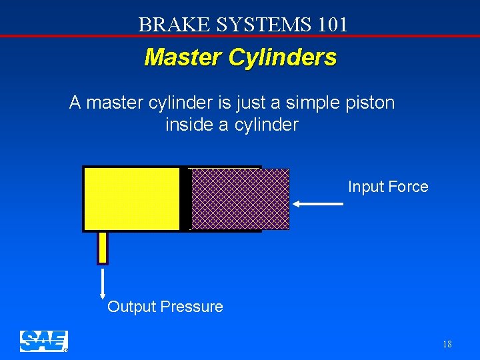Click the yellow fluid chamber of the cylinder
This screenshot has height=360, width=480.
coord(132,199)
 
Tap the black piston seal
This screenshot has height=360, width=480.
coord(185,199)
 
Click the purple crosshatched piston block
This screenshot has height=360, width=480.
coord(240,199)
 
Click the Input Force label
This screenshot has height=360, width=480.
coord(388,187)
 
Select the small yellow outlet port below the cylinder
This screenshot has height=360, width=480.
coord(103,247)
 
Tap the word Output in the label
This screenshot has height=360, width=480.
coord(131,307)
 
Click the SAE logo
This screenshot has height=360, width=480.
coord(43,341)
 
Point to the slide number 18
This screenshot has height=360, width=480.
coord(447,345)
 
